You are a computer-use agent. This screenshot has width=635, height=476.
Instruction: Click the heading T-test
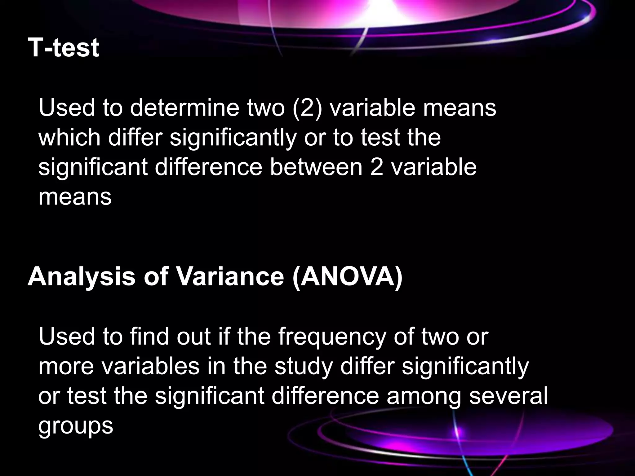(64, 48)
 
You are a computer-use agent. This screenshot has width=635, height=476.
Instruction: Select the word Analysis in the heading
(82, 276)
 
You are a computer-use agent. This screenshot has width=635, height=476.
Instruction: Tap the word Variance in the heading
(230, 276)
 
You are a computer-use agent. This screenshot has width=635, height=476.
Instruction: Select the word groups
(76, 426)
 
